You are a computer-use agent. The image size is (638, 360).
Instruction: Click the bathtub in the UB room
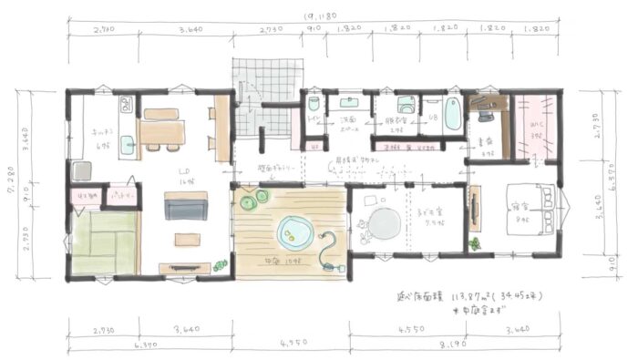click(452, 117)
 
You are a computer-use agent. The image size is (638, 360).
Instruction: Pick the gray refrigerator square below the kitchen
click(81, 170)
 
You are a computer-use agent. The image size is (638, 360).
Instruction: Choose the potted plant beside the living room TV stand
click(220, 266)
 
